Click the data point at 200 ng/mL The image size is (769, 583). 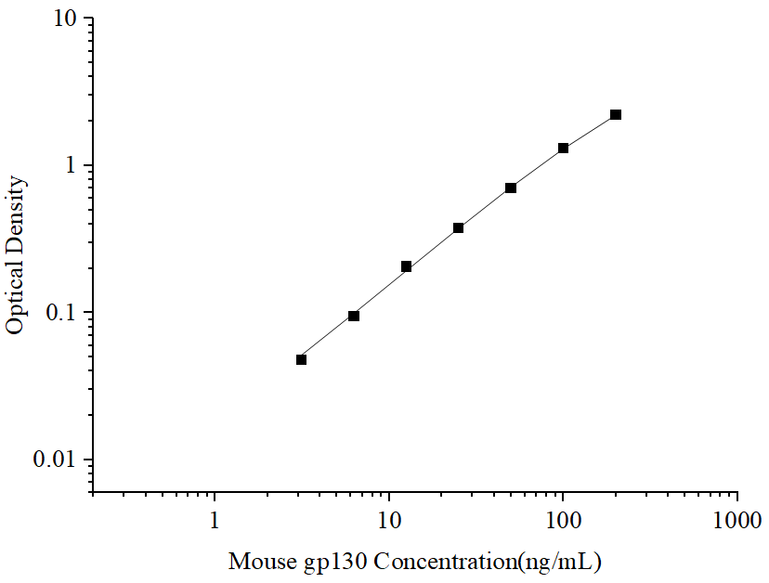click(x=616, y=115)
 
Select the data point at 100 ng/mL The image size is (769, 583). click(x=563, y=149)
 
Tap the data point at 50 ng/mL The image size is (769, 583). click(x=511, y=188)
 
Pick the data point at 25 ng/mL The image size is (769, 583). click(x=459, y=227)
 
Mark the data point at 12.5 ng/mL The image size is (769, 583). click(x=407, y=266)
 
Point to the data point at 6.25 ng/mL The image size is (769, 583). click(x=354, y=316)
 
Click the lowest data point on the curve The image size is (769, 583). click(x=302, y=359)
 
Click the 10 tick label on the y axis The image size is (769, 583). click(x=68, y=19)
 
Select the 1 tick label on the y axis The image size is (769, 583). click(x=73, y=166)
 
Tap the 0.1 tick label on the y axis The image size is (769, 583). click(x=63, y=313)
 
